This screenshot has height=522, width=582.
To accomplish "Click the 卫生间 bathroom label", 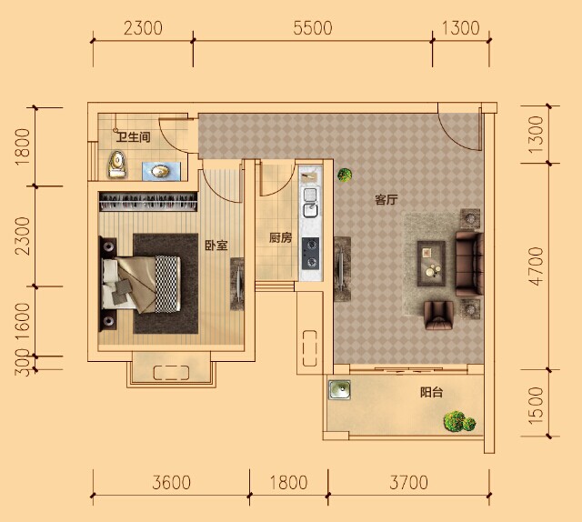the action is (x=134, y=137).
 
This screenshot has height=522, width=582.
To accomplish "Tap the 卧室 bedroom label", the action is (x=216, y=246).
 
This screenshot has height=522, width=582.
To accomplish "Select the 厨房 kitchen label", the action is (x=280, y=237).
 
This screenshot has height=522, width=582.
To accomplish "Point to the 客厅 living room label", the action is (x=386, y=200).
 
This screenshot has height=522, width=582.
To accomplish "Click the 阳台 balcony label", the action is (x=431, y=393).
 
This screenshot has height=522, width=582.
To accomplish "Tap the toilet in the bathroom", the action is (x=117, y=164).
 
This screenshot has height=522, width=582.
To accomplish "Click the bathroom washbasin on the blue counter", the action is (x=160, y=171).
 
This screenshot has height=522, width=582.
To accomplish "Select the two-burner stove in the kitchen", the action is (x=310, y=253).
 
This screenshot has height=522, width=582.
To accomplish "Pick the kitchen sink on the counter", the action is (x=310, y=202).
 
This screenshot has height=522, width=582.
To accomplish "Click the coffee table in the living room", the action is (x=431, y=264).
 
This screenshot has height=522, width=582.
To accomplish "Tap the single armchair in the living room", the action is (x=438, y=316).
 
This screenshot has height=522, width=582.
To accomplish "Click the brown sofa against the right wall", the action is (x=469, y=264).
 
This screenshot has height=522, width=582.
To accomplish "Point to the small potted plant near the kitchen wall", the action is (x=345, y=175).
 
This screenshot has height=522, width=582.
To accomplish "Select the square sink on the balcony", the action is (x=339, y=390).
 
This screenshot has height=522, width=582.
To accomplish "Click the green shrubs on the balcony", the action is (x=459, y=422).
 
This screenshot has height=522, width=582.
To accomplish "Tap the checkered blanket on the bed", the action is (x=167, y=284).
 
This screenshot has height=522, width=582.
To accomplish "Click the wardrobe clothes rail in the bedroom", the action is (x=148, y=202).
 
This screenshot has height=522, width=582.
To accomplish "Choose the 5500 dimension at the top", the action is (x=313, y=28).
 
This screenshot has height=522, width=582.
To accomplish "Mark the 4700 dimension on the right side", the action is (x=537, y=266).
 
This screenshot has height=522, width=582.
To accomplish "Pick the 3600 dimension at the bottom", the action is (x=172, y=482).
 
